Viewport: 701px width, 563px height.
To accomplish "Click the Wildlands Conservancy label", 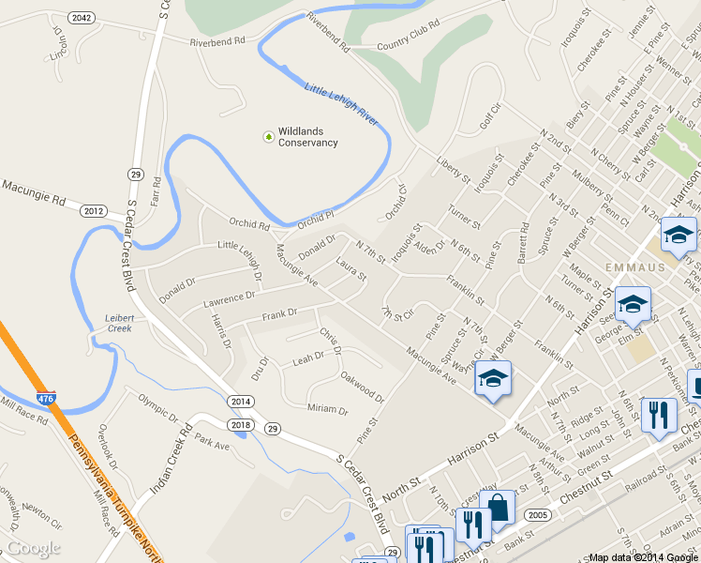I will [307, 137].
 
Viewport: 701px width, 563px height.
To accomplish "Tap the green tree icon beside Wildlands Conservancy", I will [269, 137].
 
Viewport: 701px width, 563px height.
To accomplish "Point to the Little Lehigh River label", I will [342, 103].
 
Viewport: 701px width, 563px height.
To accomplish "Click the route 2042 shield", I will [82, 18].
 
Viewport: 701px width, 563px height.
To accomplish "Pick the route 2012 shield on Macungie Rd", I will [94, 211].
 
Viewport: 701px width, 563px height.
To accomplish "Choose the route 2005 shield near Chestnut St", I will [538, 515].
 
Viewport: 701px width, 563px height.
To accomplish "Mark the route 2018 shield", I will [241, 425].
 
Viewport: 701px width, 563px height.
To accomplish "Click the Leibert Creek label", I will [119, 323].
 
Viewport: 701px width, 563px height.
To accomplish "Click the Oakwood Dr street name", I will [363, 388].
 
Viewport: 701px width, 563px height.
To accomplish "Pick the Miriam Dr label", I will [327, 410].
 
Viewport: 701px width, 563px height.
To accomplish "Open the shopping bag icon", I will [498, 508].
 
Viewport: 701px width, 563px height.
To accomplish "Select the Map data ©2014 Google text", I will [642, 557].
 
